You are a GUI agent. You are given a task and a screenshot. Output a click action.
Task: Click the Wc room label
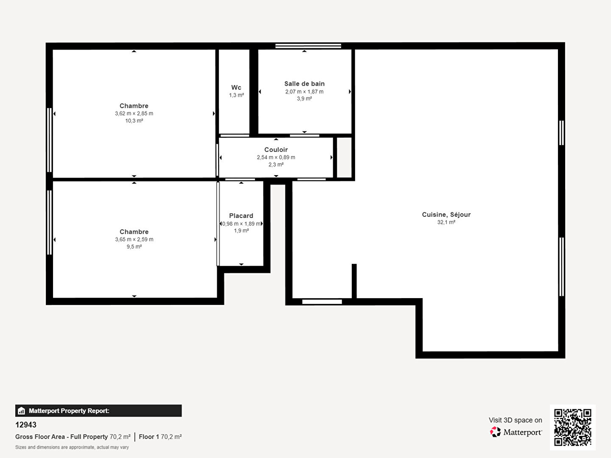[x=236, y=88]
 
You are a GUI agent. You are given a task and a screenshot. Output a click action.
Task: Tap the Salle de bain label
[x=304, y=84]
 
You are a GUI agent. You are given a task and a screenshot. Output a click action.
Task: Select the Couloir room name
[x=276, y=150]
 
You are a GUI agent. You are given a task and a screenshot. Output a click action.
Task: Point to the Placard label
[x=241, y=216]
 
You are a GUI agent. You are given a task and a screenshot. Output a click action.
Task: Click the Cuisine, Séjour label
[x=446, y=215]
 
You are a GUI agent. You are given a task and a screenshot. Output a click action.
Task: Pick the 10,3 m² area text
[x=134, y=121]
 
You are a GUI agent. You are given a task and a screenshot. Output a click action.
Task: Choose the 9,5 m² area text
[x=134, y=247]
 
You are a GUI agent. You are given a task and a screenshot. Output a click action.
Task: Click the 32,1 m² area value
[x=446, y=222]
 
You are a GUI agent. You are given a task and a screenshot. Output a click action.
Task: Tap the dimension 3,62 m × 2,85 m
[x=134, y=114]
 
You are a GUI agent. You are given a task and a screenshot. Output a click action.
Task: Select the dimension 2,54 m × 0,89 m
[x=276, y=157]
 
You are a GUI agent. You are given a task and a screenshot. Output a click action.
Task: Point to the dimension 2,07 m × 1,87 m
[x=304, y=92]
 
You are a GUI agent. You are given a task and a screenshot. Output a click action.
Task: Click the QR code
[x=572, y=427]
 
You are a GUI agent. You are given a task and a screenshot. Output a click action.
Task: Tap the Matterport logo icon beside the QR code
[x=495, y=432]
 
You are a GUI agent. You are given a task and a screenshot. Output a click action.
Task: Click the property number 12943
[x=26, y=425]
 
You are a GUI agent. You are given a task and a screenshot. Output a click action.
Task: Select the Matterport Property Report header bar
[x=98, y=411]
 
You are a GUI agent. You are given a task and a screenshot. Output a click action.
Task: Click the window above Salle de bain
[x=308, y=46]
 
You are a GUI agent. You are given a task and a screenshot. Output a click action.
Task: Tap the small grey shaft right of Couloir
[x=344, y=157]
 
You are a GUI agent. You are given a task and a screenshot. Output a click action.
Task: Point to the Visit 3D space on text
[x=515, y=420]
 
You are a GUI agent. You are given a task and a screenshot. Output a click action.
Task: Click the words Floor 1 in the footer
[x=149, y=437]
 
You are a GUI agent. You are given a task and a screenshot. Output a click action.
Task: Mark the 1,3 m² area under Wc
[x=236, y=95]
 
